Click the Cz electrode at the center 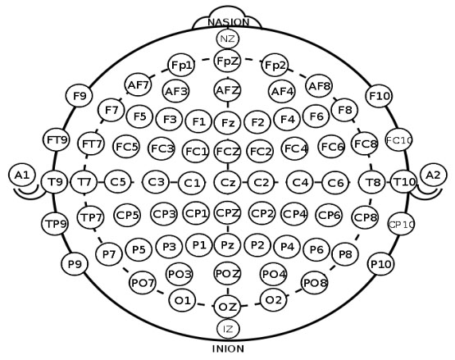[228, 182]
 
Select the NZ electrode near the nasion [228, 39]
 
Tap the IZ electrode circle [229, 329]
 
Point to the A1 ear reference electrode [22, 175]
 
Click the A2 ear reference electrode [433, 175]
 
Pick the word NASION [229, 22]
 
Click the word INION [228, 349]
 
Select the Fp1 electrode [181, 65]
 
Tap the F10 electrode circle [379, 96]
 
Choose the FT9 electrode [57, 140]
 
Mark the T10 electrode [403, 182]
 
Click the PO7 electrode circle [142, 283]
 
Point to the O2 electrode [274, 300]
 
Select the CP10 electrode [401, 225]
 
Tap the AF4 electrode [282, 92]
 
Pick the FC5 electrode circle [126, 147]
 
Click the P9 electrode [75, 264]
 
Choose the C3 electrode [156, 182]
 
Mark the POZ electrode [228, 273]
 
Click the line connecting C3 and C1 [174, 183]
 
